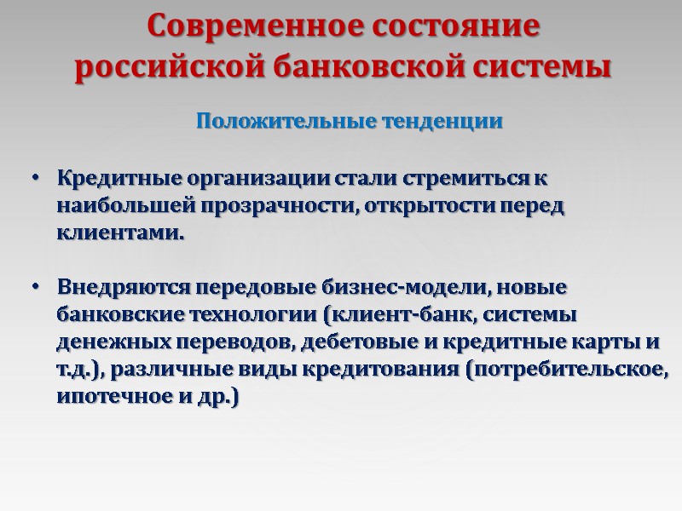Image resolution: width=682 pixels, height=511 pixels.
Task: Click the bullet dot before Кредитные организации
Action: pyautogui.click(x=35, y=181)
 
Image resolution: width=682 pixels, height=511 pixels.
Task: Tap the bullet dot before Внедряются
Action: pyautogui.click(x=35, y=289)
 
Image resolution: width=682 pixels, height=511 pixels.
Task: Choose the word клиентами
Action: pyautogui.click(x=119, y=233)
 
